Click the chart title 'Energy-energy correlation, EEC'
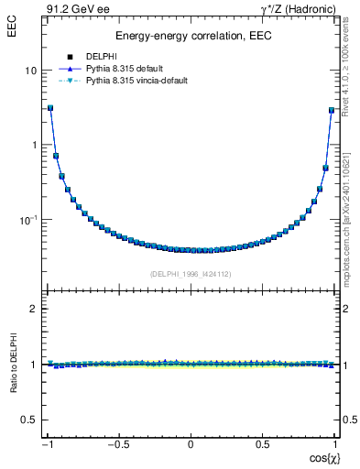click(x=190, y=37)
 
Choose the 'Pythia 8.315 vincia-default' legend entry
click(x=136, y=81)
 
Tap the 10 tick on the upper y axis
click(x=31, y=71)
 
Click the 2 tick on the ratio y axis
click(x=34, y=309)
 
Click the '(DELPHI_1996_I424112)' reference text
click(x=191, y=273)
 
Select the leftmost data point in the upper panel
click(x=49, y=107)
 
